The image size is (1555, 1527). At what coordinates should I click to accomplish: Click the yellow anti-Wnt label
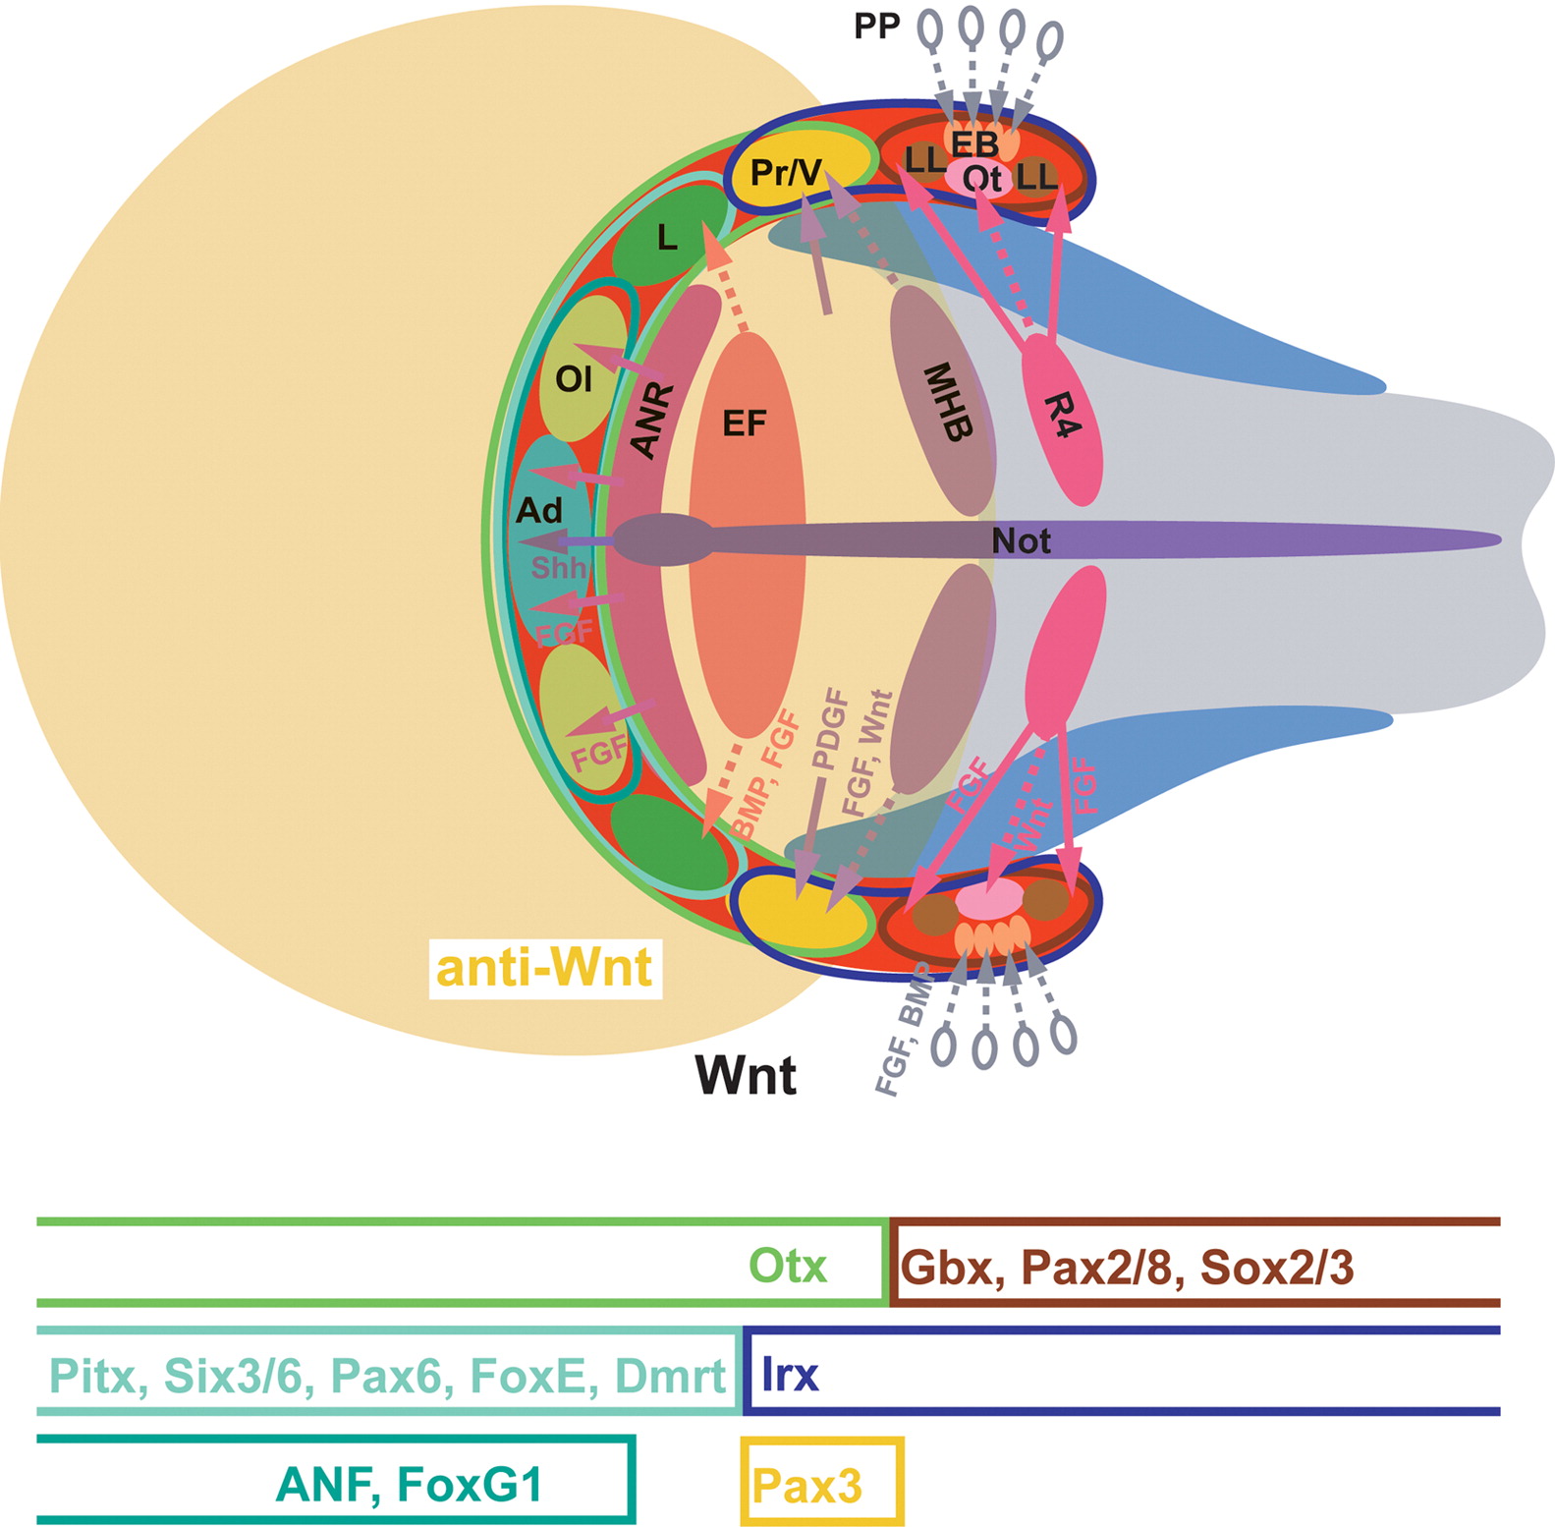[x=544, y=968]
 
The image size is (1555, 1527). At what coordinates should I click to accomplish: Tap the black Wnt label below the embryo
[x=746, y=1075]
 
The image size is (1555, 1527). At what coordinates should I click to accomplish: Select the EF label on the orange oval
[x=744, y=424]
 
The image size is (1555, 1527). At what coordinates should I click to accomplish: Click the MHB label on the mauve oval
[x=949, y=402]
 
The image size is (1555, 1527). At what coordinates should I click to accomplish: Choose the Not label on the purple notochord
[x=1021, y=541]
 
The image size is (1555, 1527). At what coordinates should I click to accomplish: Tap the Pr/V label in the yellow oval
[x=786, y=173]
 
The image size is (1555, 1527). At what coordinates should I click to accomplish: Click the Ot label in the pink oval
[x=981, y=179]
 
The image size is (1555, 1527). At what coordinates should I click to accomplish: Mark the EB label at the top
[x=973, y=144]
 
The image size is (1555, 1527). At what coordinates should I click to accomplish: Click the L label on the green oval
[x=667, y=238]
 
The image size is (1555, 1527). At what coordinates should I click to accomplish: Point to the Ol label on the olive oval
[x=574, y=378]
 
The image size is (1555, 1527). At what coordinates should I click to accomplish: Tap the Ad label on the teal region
[x=539, y=511]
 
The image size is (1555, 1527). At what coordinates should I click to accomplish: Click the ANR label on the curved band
[x=652, y=422]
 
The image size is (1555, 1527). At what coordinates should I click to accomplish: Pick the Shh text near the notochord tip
[x=558, y=568]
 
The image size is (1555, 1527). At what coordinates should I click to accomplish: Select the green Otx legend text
[x=787, y=1266]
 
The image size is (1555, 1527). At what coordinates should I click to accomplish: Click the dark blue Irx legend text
[x=790, y=1374]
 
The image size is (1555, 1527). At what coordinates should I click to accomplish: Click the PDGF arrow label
[x=830, y=728]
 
